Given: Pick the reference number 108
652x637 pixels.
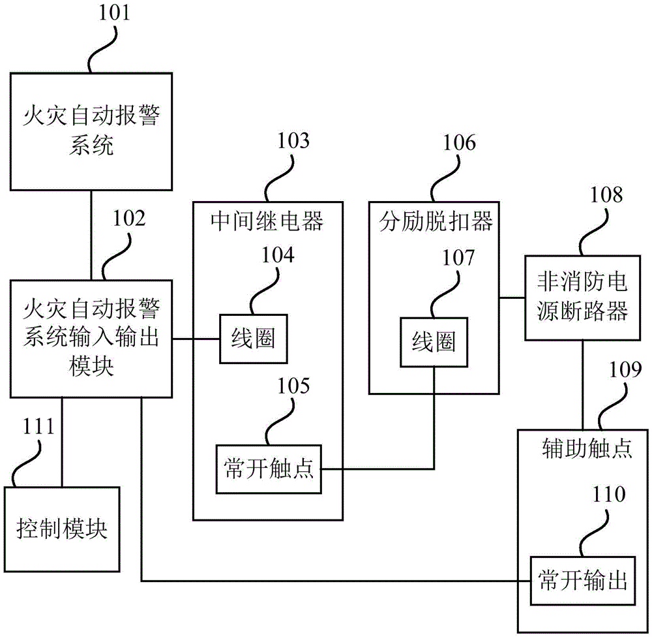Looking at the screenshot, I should [606, 195].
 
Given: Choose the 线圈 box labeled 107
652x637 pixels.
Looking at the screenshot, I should [434, 342].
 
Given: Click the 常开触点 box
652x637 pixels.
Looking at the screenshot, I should [269, 469].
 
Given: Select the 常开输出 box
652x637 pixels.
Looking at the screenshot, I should [582, 580].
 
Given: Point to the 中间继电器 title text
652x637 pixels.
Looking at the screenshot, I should [268, 223].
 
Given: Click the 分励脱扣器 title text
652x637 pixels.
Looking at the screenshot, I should [436, 223].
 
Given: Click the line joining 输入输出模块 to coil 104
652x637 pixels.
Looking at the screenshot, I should [196, 339].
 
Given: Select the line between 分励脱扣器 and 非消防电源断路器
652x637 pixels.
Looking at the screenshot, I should [512, 298].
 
